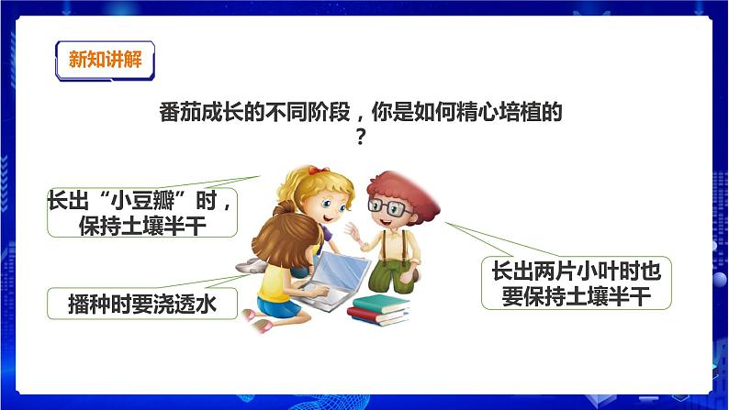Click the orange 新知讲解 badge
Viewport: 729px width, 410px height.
[100, 61]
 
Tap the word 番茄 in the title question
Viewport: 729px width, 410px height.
[173, 113]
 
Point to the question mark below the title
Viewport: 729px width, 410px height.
[361, 136]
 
